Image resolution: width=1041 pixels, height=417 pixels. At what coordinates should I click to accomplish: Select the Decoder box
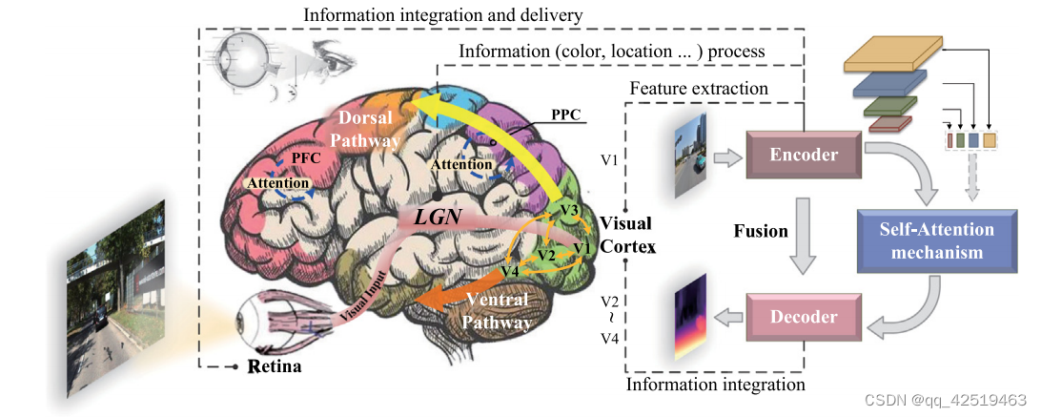click(803, 317)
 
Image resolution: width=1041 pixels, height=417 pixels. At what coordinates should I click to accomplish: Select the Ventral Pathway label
click(497, 311)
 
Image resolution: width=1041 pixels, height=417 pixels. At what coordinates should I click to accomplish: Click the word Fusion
click(762, 230)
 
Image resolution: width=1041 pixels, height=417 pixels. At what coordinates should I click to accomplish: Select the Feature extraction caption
click(698, 88)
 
